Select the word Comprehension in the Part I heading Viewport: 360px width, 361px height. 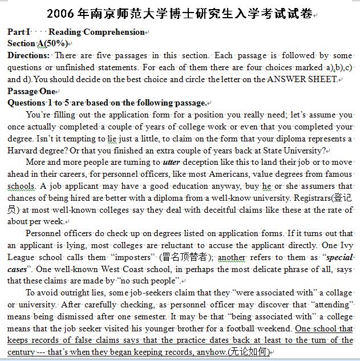[117, 32]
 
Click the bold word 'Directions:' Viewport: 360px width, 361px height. [29, 55]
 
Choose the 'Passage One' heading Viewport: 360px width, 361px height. [31, 91]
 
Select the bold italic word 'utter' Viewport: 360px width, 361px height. [172, 163]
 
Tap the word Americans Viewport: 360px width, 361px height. [244, 174]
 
